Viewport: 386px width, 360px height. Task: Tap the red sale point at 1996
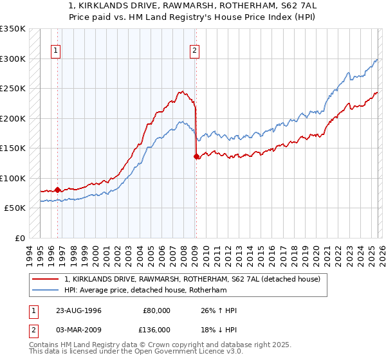point(57,190)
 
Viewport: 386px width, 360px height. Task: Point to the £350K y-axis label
point(13,29)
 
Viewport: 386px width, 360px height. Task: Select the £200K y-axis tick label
point(13,118)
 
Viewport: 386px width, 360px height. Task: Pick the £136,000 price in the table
point(156,331)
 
